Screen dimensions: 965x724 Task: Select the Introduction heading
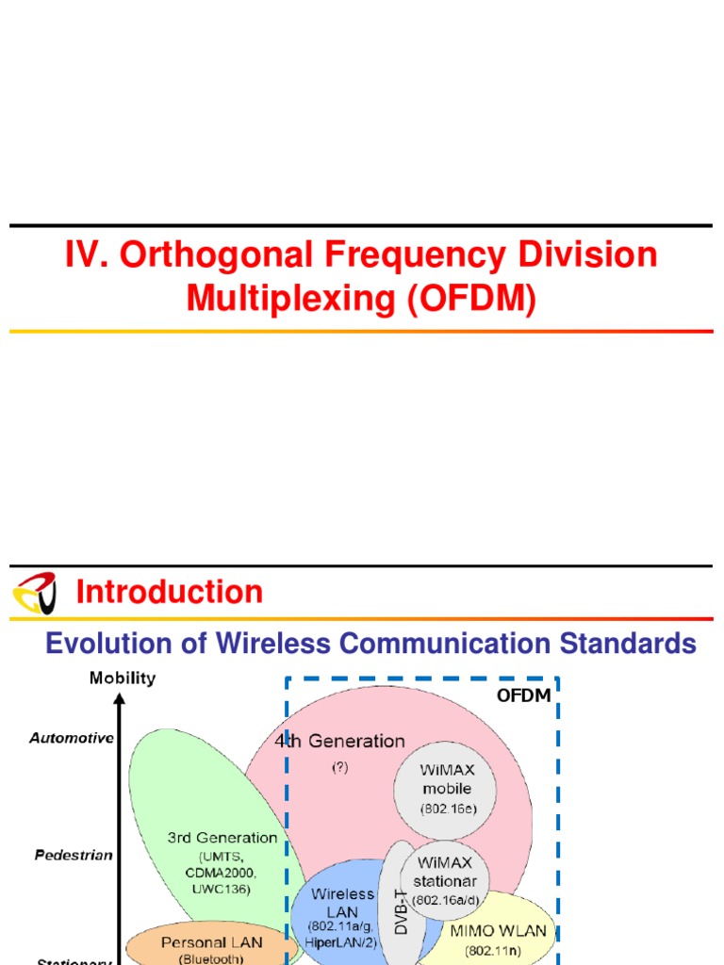pos(169,592)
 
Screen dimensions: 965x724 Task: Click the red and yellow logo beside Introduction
pos(34,592)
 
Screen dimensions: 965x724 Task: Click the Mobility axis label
pos(123,678)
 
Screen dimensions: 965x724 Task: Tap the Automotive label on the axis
pos(72,738)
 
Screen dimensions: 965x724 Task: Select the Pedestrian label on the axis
pos(74,855)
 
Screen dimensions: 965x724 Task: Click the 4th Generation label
pos(339,742)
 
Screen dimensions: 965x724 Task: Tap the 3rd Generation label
pos(222,837)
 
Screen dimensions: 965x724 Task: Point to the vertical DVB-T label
pos(401,906)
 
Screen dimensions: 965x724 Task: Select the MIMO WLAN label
pos(498,931)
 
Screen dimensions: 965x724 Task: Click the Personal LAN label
pos(212,941)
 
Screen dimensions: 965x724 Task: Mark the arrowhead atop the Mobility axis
pos(120,697)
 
